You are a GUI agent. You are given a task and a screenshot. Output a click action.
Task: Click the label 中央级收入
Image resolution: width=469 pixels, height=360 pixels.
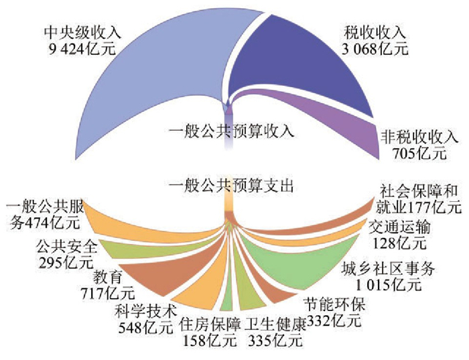(x=74, y=32)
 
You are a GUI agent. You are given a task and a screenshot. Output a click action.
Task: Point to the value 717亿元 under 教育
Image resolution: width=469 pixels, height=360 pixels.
(x=108, y=292)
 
